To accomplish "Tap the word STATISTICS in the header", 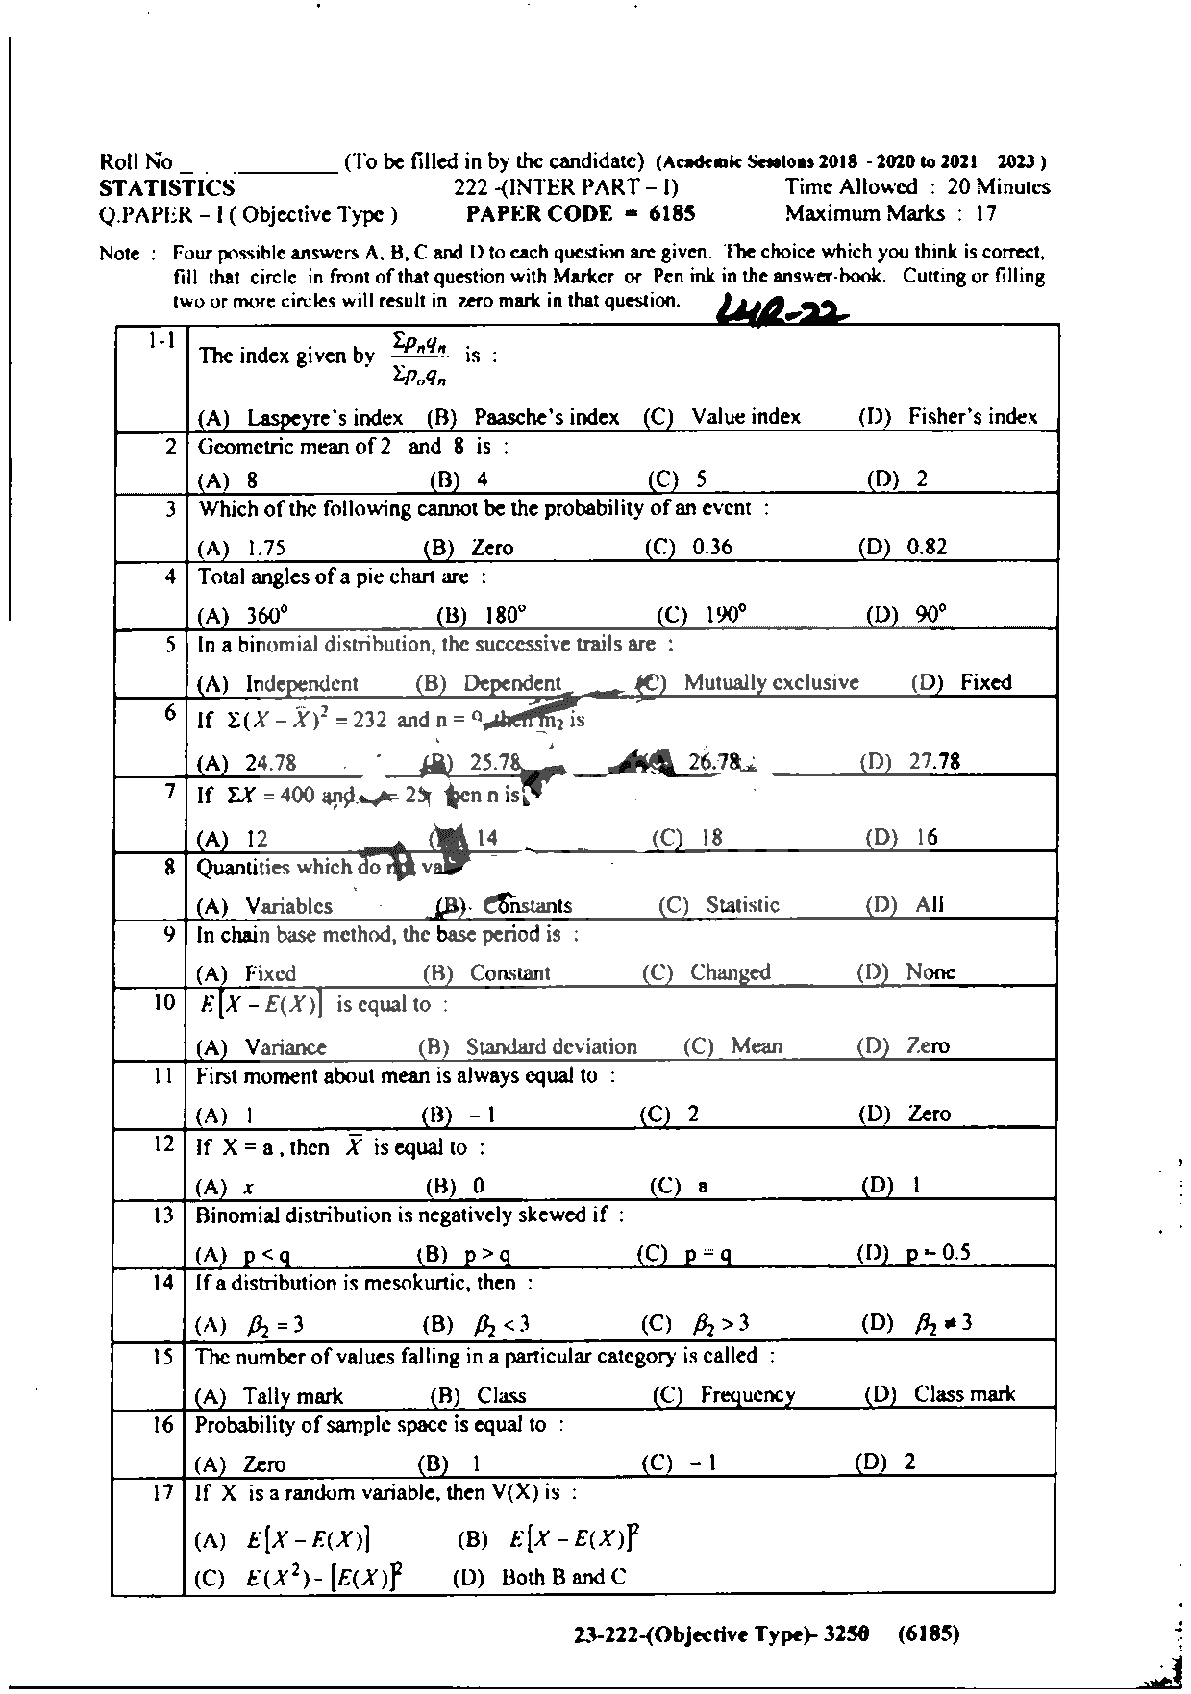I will [x=166, y=187].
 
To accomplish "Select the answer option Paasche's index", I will [x=546, y=417].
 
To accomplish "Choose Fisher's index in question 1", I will [x=972, y=417].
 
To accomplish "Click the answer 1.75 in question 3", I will [x=266, y=549].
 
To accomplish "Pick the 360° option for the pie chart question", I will [x=267, y=616].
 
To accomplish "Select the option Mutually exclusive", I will [x=771, y=683].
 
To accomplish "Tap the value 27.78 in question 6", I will [x=934, y=762].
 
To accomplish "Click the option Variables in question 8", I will [x=288, y=906].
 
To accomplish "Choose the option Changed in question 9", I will [x=730, y=972].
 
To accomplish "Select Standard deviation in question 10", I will [x=551, y=1046].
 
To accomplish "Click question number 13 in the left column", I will [x=161, y=1215].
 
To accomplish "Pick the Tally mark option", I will [x=293, y=1396].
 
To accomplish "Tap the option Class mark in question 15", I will [x=964, y=1394].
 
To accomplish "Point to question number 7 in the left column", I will [x=169, y=793].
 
